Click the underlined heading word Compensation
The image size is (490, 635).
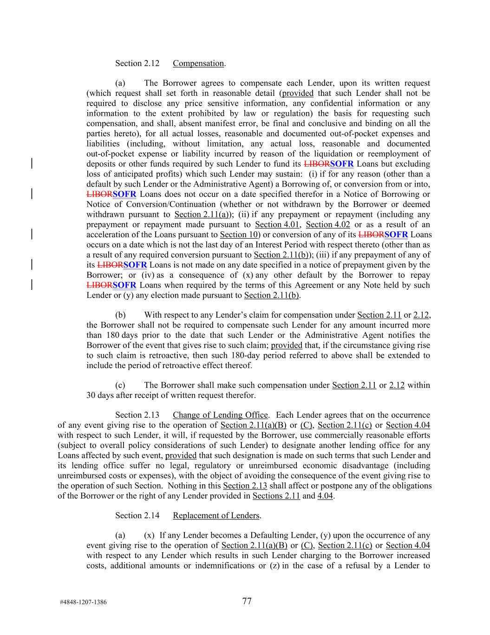pos(198,63)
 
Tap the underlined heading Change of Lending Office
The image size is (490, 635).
pos(220,415)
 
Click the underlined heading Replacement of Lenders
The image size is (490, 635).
pos(216,515)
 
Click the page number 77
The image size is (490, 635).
pos(247,601)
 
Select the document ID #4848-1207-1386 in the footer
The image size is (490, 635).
pos(83,602)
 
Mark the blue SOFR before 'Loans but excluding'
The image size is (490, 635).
pos(342,164)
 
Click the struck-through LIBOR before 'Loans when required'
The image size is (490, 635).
pos(99,285)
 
